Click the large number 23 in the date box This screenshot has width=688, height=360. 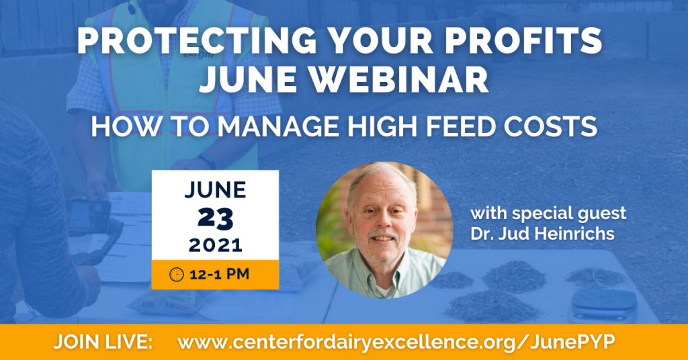[215, 218]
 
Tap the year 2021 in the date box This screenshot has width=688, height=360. [215, 245]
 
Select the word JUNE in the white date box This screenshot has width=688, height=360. [215, 191]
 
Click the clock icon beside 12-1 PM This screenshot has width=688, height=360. [177, 274]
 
